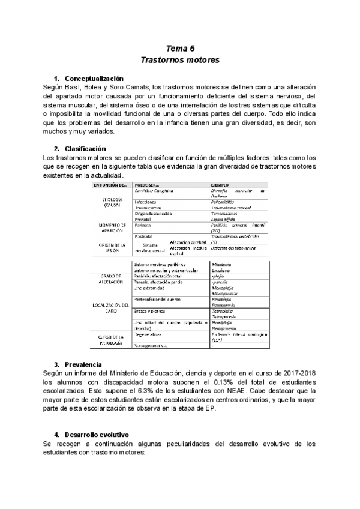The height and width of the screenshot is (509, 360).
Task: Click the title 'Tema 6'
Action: click(x=180, y=49)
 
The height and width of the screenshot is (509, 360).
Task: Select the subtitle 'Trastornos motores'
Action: click(x=180, y=60)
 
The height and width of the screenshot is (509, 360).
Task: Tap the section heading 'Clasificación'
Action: click(x=85, y=148)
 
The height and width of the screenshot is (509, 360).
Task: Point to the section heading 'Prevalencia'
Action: click(x=83, y=364)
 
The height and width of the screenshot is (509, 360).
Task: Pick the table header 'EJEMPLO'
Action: click(x=221, y=185)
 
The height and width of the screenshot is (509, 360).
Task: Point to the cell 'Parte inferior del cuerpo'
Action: click(x=158, y=299)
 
